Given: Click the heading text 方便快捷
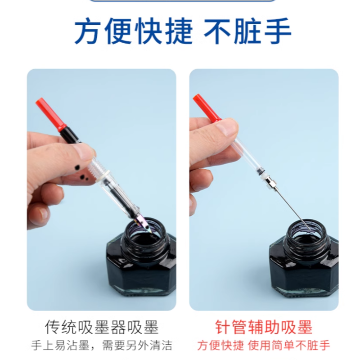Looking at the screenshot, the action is point(133,31).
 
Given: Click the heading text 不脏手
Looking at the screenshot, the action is point(247,31).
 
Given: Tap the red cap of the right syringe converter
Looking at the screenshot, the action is point(207,108).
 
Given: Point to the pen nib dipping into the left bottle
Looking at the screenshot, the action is point(145,224).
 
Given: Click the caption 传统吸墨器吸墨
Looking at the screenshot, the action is point(102,327).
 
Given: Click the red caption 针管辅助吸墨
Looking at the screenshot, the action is point(264,327).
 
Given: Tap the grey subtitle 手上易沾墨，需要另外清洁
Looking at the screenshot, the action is point(102,345).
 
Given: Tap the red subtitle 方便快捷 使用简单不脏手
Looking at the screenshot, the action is point(264,345).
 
